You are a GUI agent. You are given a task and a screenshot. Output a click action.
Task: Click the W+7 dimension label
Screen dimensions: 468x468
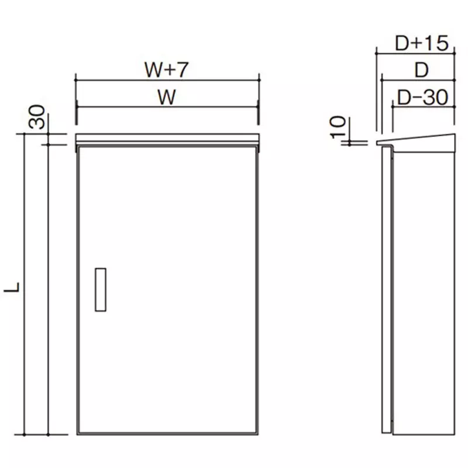(x=166, y=70)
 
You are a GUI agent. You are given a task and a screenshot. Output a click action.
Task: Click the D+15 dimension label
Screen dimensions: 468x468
(x=421, y=43)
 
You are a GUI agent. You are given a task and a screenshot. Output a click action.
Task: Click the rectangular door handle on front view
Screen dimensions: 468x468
(x=100, y=290)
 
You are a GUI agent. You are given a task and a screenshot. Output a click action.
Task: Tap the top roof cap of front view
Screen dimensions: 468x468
(x=167, y=139)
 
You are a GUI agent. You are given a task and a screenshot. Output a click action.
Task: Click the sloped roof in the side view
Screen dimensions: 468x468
(x=415, y=142)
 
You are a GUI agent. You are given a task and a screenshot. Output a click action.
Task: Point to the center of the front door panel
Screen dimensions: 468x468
(x=167, y=290)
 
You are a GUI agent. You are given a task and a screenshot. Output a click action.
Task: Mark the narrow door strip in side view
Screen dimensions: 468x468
(x=387, y=290)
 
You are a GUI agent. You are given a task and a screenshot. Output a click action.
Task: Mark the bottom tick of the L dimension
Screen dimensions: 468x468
(x=24, y=435)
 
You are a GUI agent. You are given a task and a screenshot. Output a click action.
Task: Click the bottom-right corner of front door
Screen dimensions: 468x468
(x=257, y=433)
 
